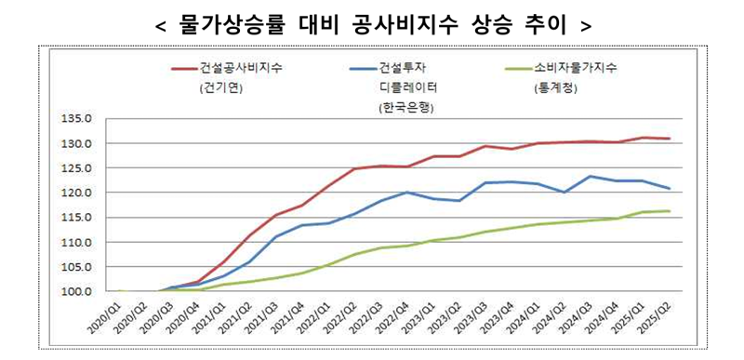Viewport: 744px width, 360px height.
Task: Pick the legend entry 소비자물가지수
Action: (577, 69)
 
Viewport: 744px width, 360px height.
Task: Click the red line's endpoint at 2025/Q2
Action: (669, 139)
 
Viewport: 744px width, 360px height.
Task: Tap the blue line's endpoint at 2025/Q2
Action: (669, 189)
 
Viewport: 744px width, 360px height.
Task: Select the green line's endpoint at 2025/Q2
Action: (669, 211)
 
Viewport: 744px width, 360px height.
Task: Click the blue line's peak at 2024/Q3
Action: (591, 176)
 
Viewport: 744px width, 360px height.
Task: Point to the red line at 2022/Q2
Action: (354, 169)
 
